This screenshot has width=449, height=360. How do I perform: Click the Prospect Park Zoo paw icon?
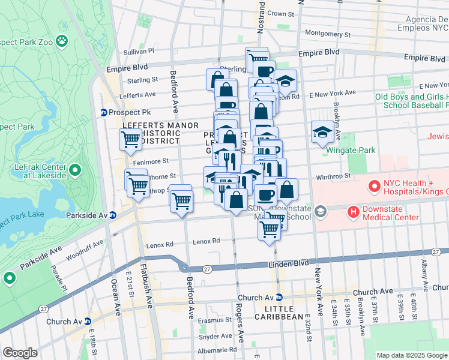click(x=61, y=41)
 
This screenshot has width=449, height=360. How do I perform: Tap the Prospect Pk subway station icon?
click(x=103, y=113)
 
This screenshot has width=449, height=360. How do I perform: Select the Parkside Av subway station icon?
click(x=113, y=215)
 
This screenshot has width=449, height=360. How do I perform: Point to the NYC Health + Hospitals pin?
click(x=375, y=187)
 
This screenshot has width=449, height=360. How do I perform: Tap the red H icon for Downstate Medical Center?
click(x=354, y=211)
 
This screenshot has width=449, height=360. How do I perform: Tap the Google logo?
click(x=20, y=352)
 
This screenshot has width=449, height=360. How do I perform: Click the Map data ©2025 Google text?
click(x=412, y=355)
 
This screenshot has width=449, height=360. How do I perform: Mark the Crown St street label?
click(x=280, y=13)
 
